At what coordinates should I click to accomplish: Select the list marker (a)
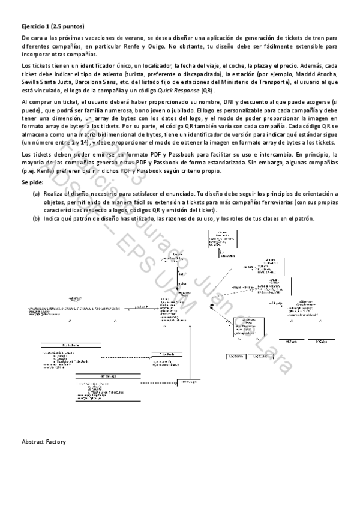click(37, 194)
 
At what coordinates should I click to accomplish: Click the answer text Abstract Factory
click(43, 442)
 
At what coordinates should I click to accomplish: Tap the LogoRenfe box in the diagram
click(236, 355)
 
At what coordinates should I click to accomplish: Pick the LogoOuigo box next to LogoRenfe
click(260, 355)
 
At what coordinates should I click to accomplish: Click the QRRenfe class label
click(292, 341)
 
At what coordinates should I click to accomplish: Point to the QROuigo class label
click(320, 341)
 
